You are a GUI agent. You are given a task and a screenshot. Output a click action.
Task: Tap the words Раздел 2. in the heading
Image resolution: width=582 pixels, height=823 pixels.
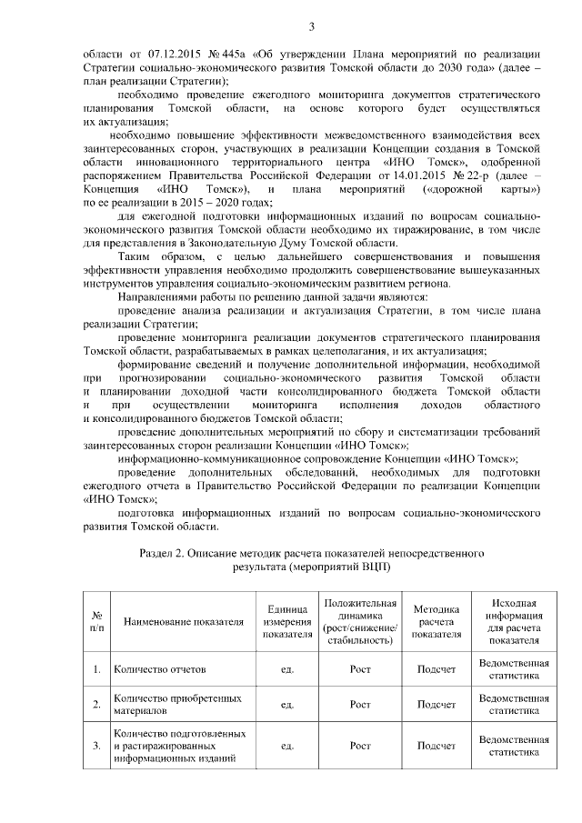pyautogui.click(x=166, y=552)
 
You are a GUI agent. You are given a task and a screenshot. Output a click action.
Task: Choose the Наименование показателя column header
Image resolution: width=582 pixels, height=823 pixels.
pyautogui.click(x=178, y=622)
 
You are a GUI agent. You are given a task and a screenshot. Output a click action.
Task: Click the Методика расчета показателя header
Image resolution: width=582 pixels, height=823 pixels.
pyautogui.click(x=436, y=622)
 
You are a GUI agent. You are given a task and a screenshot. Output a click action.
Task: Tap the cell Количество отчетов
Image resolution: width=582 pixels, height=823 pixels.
pyautogui.click(x=160, y=670)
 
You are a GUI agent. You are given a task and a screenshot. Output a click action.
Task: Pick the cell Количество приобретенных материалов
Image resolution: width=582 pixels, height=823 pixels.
pyautogui.click(x=178, y=704)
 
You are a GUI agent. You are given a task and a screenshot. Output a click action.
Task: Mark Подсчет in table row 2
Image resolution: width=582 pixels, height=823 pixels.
pyautogui.click(x=436, y=704)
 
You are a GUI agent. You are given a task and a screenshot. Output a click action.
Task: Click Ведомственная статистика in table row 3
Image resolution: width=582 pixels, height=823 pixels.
pyautogui.click(x=514, y=746)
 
